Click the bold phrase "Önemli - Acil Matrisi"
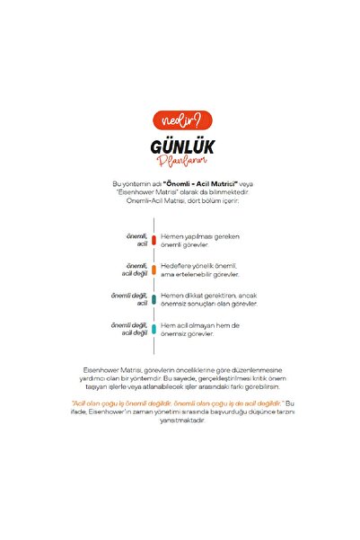pyautogui.click(x=208, y=182)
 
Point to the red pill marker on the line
pyautogui.click(x=154, y=241)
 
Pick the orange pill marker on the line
pyautogui.click(x=154, y=270)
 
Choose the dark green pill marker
pyautogui.click(x=154, y=299)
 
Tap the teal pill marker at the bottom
pyautogui.click(x=154, y=329)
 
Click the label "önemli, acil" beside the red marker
pyautogui.click(x=136, y=240)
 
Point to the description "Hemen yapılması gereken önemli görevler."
pyautogui.click(x=200, y=241)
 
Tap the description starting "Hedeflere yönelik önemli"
pyautogui.click(x=200, y=270)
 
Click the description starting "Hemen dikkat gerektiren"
pyautogui.click(x=208, y=299)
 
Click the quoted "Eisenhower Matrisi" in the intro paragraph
pyautogui.click(x=148, y=191)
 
